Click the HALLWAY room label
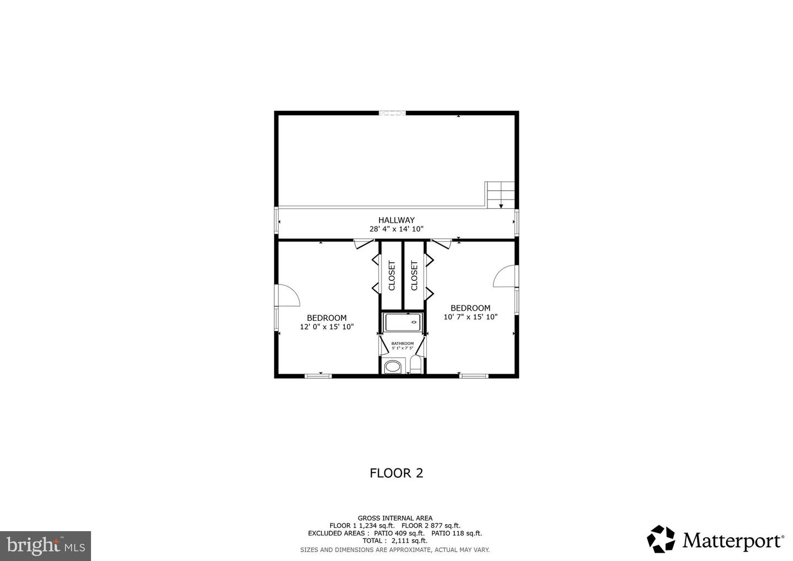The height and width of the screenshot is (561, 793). (396, 220)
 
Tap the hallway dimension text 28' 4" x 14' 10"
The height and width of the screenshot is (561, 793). (396, 229)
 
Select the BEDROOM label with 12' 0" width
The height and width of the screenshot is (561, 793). (327, 318)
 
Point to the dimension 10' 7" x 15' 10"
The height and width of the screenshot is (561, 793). (470, 317)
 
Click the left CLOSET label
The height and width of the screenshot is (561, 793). (392, 276)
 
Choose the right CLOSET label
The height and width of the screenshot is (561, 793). (414, 276)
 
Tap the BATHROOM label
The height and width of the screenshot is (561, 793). (402, 343)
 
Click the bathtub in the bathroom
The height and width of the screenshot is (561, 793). (402, 322)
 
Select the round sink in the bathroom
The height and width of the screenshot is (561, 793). (393, 366)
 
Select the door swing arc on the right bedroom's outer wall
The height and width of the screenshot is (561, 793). (504, 277)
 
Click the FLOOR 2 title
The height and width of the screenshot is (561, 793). (396, 473)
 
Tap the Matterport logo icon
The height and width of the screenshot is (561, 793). (661, 539)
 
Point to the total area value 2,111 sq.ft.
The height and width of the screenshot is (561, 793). (409, 541)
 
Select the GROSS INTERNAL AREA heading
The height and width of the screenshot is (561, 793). (395, 518)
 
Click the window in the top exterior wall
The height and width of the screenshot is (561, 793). (392, 114)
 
